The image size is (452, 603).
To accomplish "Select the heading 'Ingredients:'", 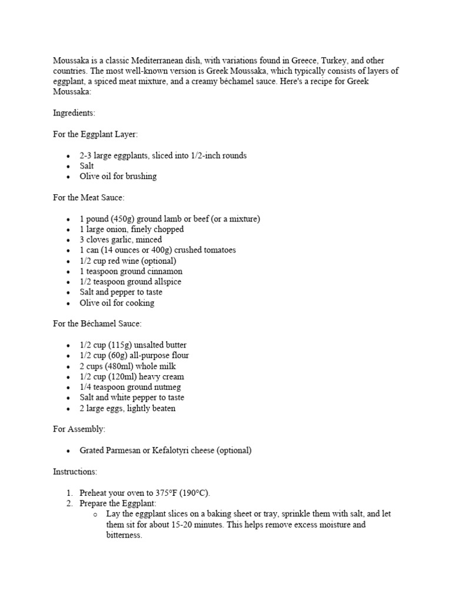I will pos(74,112).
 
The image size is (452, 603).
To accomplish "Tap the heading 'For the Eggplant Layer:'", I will pos(95,134).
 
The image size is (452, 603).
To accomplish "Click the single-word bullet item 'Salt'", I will pos(87,166).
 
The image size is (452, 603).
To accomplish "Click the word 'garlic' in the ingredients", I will pos(125,240).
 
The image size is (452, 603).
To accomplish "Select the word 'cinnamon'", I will pos(162,271).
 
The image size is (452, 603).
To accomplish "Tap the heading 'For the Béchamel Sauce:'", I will pos(97,324).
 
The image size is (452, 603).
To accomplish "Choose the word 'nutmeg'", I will pos(167,387).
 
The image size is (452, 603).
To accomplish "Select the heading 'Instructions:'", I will pos(75,472).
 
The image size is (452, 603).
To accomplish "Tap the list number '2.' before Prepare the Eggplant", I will pos(70,503).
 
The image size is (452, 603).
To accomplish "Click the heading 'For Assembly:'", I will pos(79,429).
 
